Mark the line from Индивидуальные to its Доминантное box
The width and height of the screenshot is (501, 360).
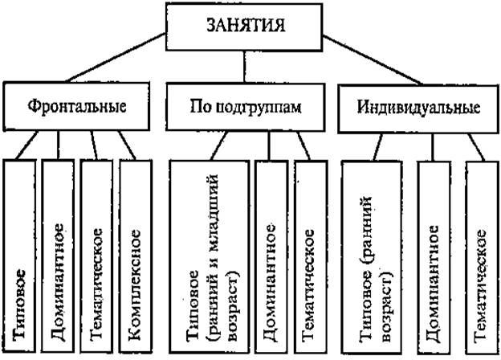point(434,146)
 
